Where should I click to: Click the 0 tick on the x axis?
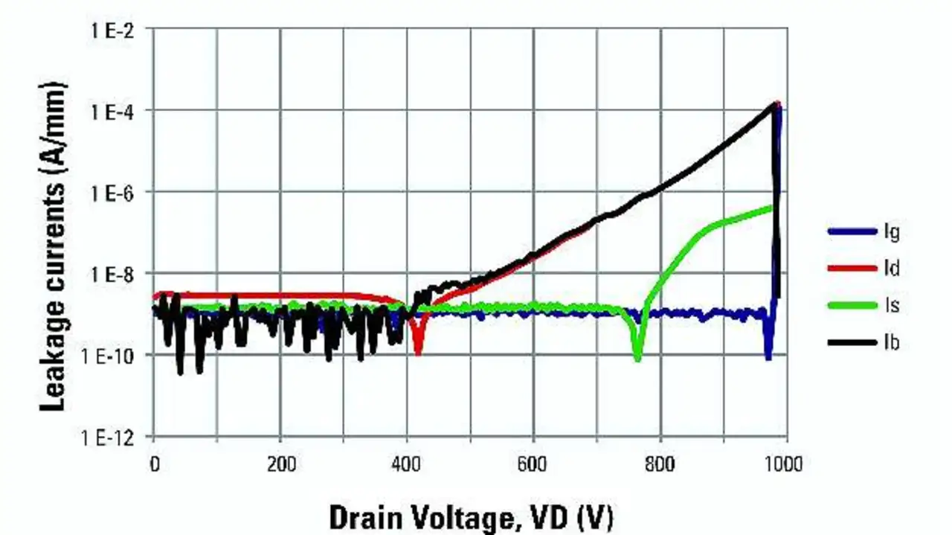click(154, 465)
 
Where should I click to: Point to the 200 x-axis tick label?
click(280, 465)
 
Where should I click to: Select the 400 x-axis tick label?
click(407, 465)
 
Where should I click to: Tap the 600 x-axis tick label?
click(533, 465)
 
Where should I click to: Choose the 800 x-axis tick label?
click(660, 465)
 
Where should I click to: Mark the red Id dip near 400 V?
click(418, 350)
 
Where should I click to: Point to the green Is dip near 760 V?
click(637, 357)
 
